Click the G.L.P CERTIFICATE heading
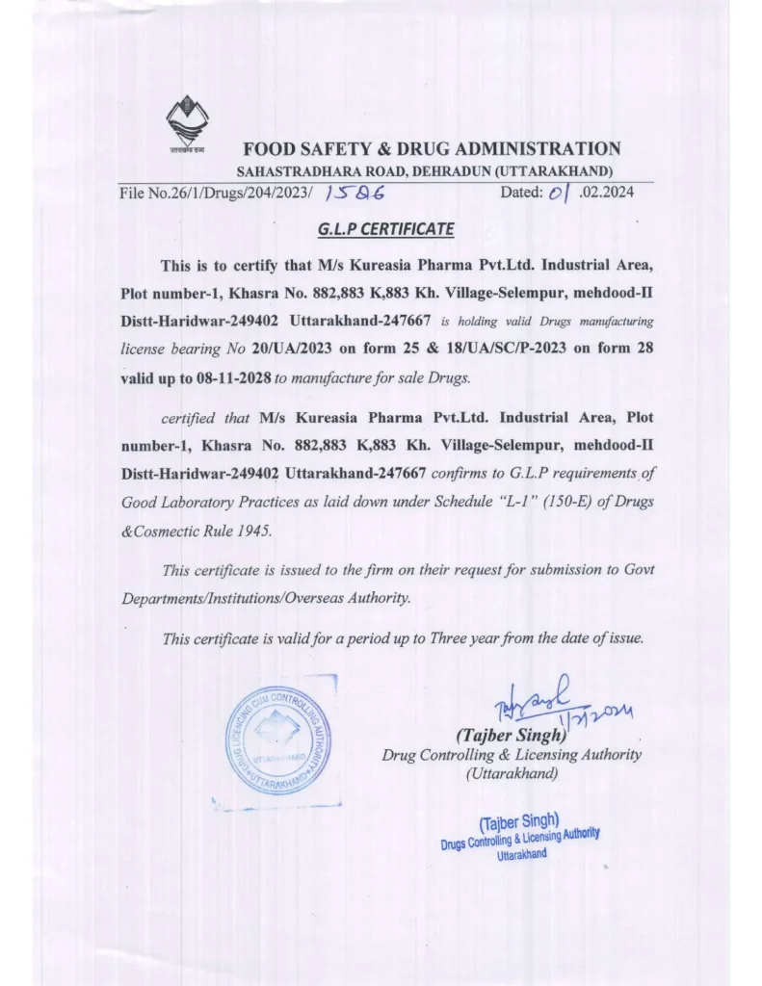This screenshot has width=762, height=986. pos(385,230)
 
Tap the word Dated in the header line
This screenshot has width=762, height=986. pos(524,193)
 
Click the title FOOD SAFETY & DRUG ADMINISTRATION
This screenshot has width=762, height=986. pos(432,148)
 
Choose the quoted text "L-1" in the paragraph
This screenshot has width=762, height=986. pos(505,503)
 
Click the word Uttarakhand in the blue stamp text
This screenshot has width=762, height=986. pos(521,854)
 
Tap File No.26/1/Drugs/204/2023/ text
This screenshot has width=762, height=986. pos(216,193)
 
